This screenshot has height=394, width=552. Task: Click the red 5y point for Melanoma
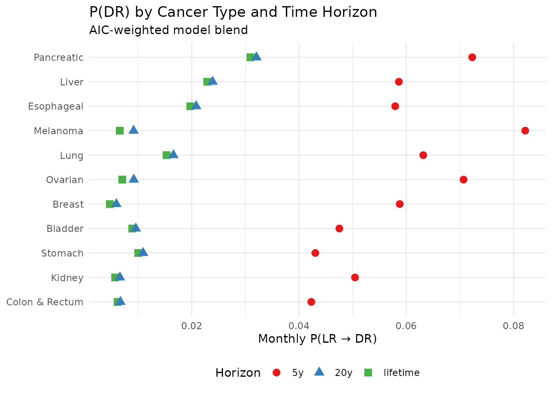pyautogui.click(x=525, y=131)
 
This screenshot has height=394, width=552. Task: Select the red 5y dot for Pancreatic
pyautogui.click(x=472, y=57)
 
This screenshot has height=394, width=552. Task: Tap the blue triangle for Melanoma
pyautogui.click(x=133, y=130)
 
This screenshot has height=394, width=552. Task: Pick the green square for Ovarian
pyautogui.click(x=122, y=180)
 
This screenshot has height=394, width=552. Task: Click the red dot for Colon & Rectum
pyautogui.click(x=311, y=302)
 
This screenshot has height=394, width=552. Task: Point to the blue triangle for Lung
pyautogui.click(x=174, y=154)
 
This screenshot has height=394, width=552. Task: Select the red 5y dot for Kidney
pyautogui.click(x=355, y=277)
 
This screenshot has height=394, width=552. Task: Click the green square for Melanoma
pyautogui.click(x=120, y=131)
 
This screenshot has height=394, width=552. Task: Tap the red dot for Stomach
pyautogui.click(x=315, y=253)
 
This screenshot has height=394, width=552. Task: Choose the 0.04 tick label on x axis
pyautogui.click(x=299, y=326)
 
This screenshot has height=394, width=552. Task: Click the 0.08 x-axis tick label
pyautogui.click(x=513, y=326)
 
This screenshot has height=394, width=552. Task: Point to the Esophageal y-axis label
pyautogui.click(x=55, y=107)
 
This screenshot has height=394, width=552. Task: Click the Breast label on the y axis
pyautogui.click(x=68, y=204)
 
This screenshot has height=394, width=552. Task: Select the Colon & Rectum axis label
pyautogui.click(x=45, y=302)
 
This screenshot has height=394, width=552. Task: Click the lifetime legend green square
pyautogui.click(x=368, y=373)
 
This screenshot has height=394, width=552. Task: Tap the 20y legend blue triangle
pyautogui.click(x=319, y=372)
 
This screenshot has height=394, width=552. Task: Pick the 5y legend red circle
pyautogui.click(x=277, y=373)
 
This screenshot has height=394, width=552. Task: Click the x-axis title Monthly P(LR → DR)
pyautogui.click(x=317, y=339)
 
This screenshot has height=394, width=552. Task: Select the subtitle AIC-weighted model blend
pyautogui.click(x=168, y=30)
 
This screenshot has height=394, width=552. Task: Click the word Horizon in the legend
pyautogui.click(x=238, y=373)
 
